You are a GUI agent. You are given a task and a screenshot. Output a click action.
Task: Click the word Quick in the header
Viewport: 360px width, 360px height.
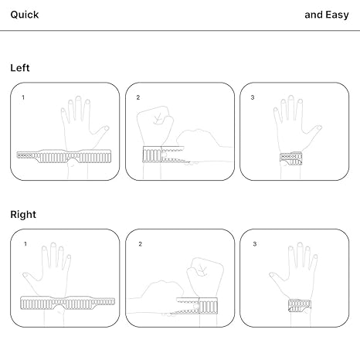click(25, 15)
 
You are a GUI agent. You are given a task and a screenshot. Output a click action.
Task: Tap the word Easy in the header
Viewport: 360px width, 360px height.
click(337, 15)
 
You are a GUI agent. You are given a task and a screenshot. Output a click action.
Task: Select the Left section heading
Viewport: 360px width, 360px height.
click(20, 68)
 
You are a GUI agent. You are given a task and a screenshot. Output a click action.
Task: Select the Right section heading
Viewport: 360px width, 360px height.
click(23, 215)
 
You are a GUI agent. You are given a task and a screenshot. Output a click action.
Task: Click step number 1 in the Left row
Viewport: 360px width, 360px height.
click(23, 97)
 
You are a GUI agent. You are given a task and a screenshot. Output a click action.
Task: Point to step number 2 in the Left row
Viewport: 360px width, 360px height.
click(138, 97)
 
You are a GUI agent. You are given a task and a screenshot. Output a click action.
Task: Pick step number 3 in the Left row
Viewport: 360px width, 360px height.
click(253, 97)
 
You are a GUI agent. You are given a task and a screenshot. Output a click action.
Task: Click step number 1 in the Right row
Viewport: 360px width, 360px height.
click(25, 244)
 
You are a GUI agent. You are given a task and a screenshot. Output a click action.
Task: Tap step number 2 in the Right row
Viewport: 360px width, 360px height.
click(140, 244)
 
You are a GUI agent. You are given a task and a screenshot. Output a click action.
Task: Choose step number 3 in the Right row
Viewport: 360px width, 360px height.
click(255, 244)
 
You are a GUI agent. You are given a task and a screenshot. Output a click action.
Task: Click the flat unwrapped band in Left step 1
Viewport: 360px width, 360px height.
click(64, 156)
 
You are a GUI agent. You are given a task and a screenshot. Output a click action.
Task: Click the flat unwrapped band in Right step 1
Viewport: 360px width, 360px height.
click(67, 303)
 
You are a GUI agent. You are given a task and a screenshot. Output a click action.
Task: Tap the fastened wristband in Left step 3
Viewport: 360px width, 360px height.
click(291, 158)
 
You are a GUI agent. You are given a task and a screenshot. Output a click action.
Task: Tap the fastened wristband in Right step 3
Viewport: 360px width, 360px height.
click(300, 306)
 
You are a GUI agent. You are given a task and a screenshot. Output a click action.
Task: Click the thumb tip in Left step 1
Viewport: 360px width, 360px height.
click(107, 127)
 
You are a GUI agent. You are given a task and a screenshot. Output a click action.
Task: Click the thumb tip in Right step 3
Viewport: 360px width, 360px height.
click(271, 275)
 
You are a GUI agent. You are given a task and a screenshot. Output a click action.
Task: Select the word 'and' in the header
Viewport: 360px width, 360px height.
click(314, 15)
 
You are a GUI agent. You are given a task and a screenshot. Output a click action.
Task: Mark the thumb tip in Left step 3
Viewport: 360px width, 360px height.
click(320, 127)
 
